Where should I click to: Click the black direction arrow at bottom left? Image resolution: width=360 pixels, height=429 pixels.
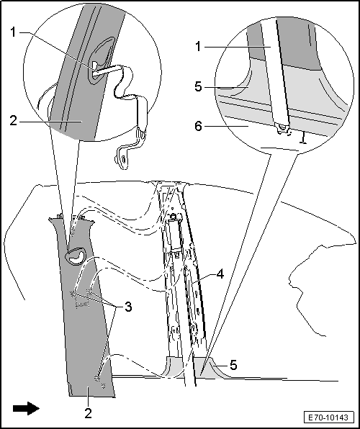[x=26, y=408]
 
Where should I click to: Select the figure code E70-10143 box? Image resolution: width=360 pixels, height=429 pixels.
[x=328, y=417]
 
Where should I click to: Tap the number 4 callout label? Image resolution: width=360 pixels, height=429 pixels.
[x=220, y=274]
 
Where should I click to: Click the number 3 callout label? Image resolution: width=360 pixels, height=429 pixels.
[x=128, y=307]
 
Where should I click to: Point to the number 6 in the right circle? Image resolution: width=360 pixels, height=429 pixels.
[x=199, y=127]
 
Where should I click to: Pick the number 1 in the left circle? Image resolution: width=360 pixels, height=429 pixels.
[x=14, y=32]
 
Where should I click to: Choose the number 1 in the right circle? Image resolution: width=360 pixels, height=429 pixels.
[x=198, y=47]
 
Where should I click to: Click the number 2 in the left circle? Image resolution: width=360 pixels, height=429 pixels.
[x=13, y=121]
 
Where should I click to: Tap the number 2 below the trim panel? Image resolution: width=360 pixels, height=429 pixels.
[x=88, y=412]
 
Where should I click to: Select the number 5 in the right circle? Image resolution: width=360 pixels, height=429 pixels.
[x=198, y=86]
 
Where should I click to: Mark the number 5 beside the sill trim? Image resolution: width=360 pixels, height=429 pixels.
[x=233, y=365]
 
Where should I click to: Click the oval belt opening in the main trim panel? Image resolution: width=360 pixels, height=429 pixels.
[x=75, y=256]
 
